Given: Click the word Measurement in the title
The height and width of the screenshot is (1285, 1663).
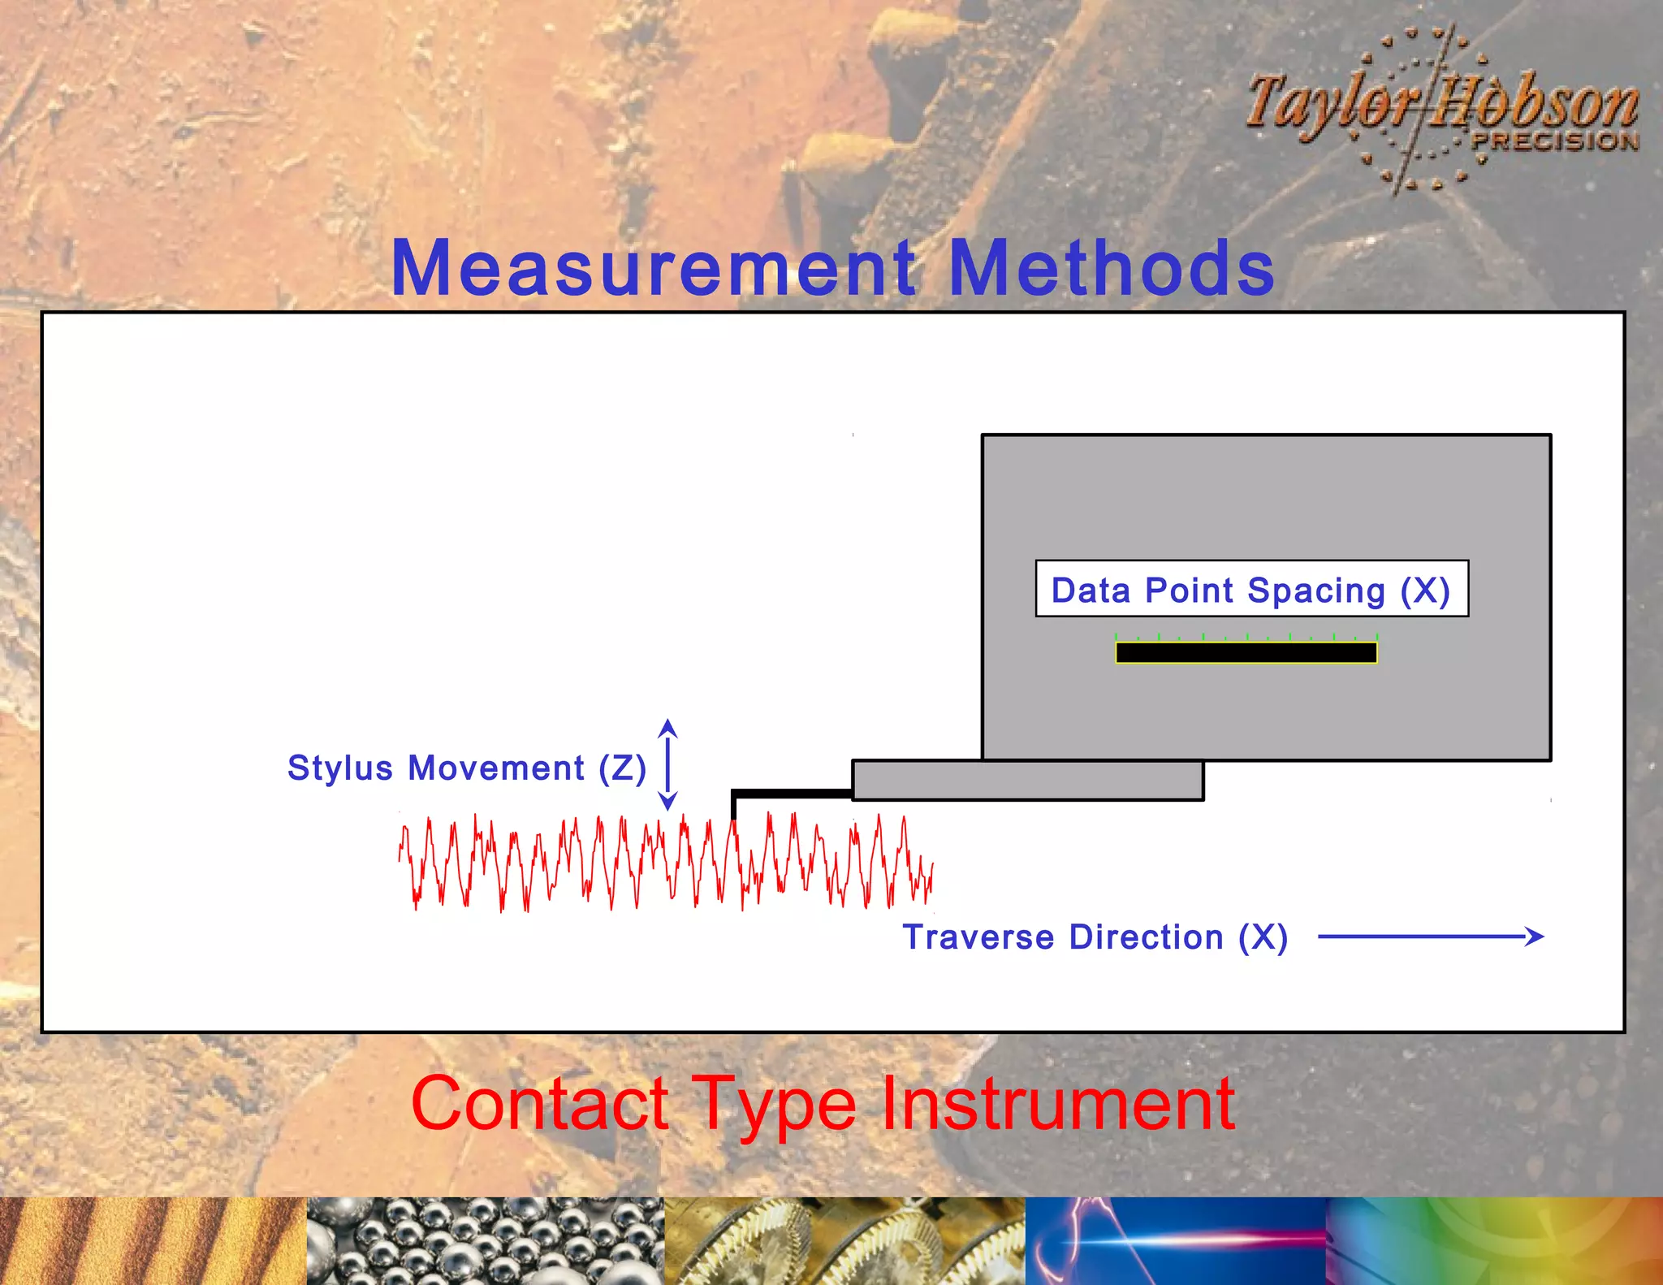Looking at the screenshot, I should [654, 268].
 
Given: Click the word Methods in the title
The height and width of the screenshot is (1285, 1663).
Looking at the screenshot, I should [1111, 268].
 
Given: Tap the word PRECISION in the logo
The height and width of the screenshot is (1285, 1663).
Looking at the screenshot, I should [1555, 141].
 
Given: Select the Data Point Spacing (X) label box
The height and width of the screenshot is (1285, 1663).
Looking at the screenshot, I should [1251, 589].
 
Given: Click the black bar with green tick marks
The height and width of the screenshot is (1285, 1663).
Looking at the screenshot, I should [1246, 652].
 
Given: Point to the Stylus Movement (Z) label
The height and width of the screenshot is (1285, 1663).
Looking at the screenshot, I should [467, 768].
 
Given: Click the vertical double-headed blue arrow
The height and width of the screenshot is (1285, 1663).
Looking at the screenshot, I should [667, 764].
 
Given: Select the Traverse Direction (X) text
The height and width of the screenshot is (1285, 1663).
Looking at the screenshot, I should [1095, 937].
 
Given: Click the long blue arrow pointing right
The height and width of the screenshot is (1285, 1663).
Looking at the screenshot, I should [1429, 937].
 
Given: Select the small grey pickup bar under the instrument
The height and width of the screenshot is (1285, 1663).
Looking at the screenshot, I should [1027, 781].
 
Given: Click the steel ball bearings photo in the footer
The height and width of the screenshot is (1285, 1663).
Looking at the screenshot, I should [486, 1240].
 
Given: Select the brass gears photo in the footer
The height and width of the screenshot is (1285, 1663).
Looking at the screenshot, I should [844, 1240].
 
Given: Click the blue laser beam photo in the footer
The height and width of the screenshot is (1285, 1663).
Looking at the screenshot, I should [1175, 1240].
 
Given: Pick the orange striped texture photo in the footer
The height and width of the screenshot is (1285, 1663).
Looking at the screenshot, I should [153, 1240].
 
